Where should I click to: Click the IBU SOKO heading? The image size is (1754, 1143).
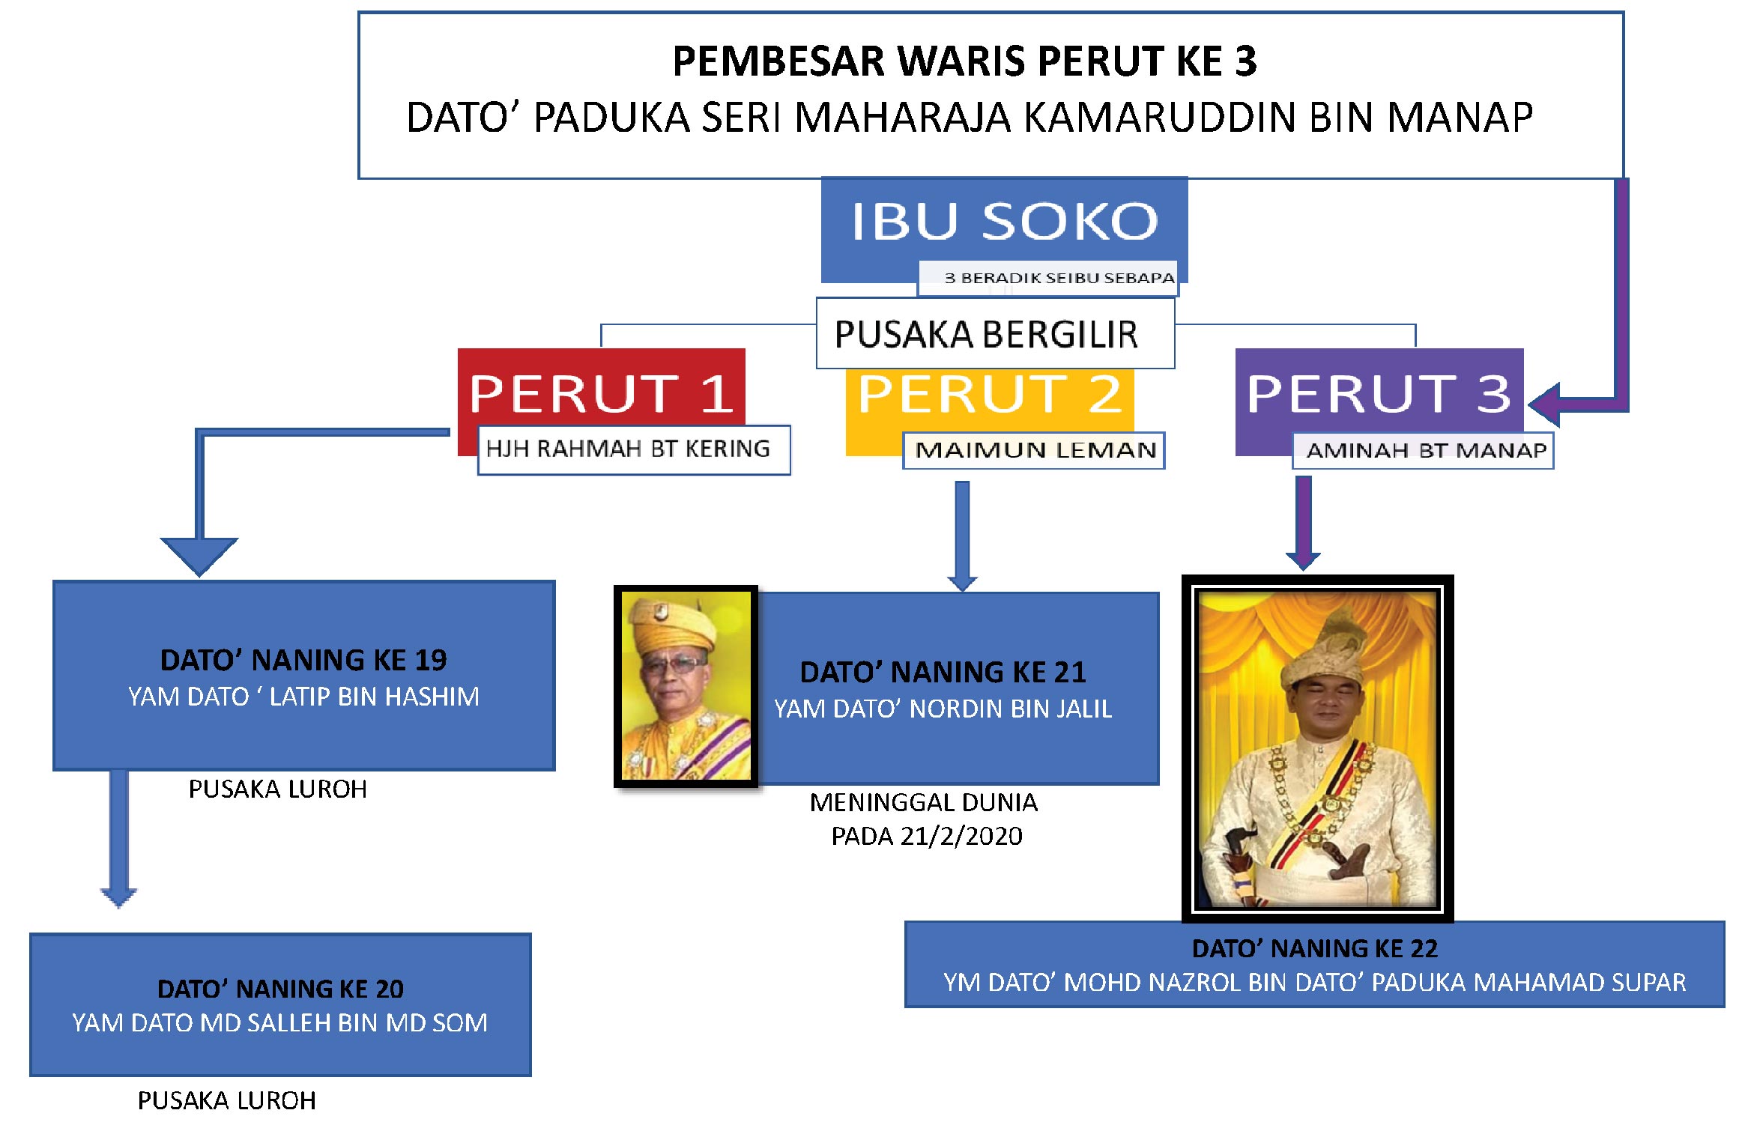tap(1004, 222)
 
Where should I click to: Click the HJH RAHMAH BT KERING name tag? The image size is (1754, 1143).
tap(634, 449)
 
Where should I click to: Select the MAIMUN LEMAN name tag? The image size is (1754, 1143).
tap(1034, 450)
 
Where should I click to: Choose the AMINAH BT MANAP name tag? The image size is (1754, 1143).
tap(1424, 450)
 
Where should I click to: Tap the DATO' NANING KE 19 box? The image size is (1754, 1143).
tap(304, 676)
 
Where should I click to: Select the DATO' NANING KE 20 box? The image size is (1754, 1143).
tap(280, 1004)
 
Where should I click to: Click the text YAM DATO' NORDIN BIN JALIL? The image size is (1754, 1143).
tap(943, 709)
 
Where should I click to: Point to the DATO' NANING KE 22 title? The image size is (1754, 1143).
tap(1315, 948)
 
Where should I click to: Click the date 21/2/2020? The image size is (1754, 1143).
tap(961, 836)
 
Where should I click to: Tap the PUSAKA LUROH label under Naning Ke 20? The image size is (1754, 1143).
tap(226, 1100)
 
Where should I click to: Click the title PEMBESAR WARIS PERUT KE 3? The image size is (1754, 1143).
tap(964, 61)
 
